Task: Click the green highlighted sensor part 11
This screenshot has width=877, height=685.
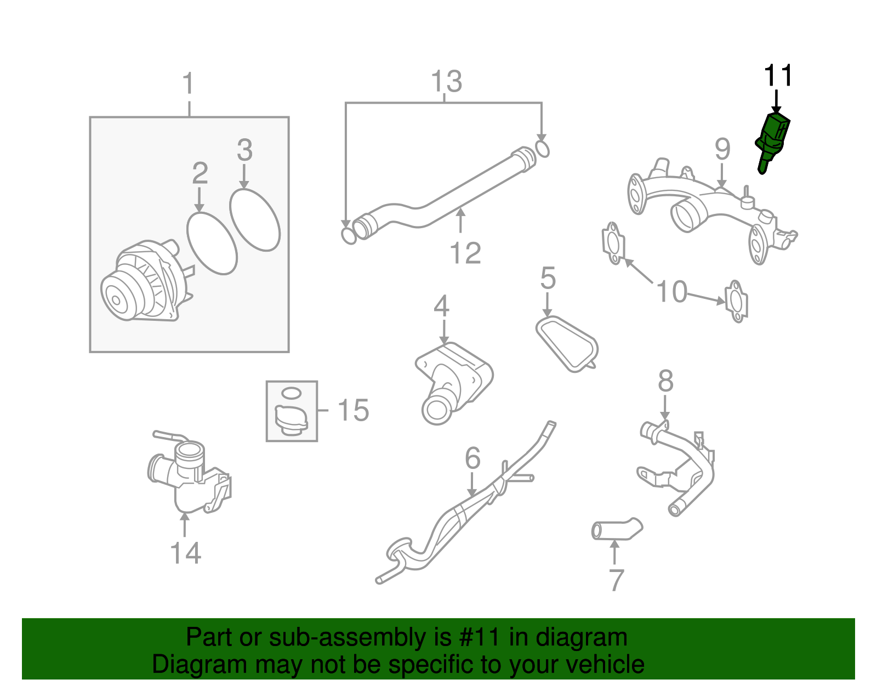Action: pyautogui.click(x=773, y=139)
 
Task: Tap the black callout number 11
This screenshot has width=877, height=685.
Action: pyautogui.click(x=778, y=76)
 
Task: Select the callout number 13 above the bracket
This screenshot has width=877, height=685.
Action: pyautogui.click(x=446, y=82)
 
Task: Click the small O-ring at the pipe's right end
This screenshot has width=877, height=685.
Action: pyautogui.click(x=542, y=149)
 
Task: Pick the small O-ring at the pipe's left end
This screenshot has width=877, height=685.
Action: pyautogui.click(x=349, y=236)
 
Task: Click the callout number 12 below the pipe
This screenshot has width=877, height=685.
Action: pyautogui.click(x=465, y=253)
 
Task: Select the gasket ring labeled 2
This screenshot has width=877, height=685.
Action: pyautogui.click(x=212, y=243)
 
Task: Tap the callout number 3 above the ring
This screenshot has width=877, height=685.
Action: pyautogui.click(x=244, y=150)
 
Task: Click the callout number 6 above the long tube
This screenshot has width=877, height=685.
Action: pyautogui.click(x=472, y=458)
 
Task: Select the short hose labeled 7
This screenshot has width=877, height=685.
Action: pyautogui.click(x=616, y=529)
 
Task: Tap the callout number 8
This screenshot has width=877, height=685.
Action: pyautogui.click(x=665, y=381)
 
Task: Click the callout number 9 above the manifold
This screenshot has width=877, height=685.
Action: pyautogui.click(x=722, y=149)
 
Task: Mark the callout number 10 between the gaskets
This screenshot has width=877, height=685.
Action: pyautogui.click(x=671, y=291)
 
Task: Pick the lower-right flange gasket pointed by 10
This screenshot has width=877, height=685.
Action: pyautogui.click(x=736, y=302)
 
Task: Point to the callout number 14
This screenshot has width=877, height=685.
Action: pyautogui.click(x=186, y=553)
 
